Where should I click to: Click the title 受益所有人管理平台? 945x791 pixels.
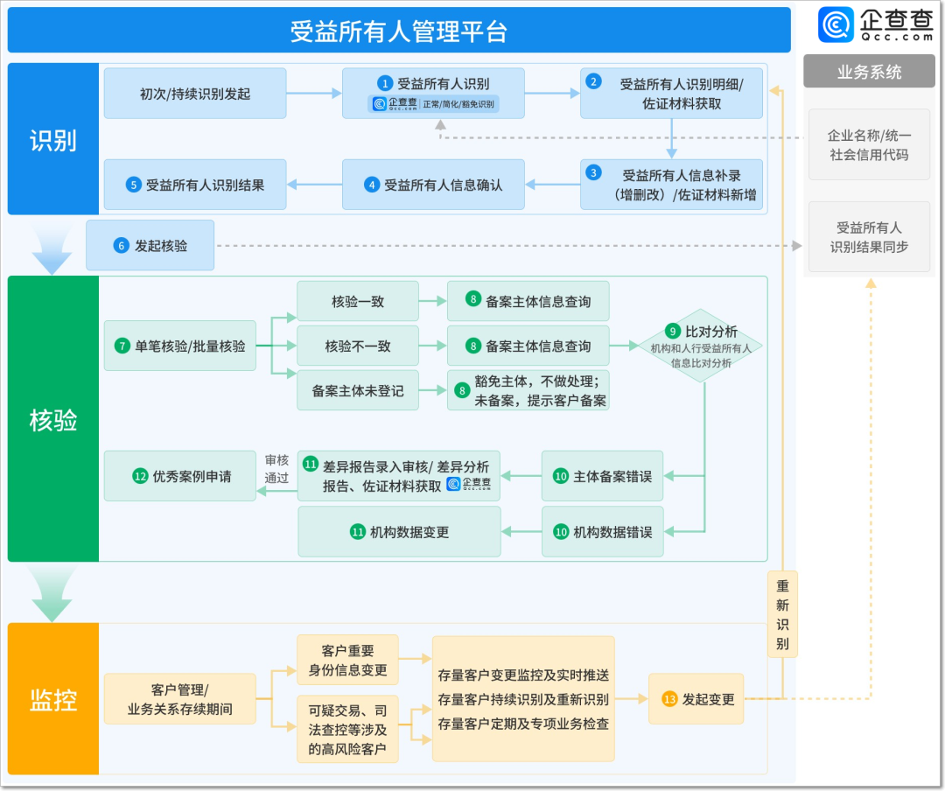coord(399,31)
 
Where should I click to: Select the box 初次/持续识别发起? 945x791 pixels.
coord(195,94)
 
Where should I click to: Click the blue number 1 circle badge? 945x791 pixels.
coord(385,84)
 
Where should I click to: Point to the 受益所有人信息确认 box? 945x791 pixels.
coord(433,185)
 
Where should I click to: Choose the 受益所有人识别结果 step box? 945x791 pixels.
coord(195,185)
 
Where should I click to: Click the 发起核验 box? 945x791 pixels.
coord(150,246)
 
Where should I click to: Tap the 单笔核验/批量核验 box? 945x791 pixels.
coord(180,346)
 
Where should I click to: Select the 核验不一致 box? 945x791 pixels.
coord(358,346)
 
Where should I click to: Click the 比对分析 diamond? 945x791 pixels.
coord(700,346)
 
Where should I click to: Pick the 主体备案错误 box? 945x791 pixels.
coord(603,477)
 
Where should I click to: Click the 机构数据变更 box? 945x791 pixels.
coord(399,532)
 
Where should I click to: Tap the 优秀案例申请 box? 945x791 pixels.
coord(180,477)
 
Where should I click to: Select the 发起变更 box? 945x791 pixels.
coord(696,699)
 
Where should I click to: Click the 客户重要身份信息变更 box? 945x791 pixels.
coord(347,661)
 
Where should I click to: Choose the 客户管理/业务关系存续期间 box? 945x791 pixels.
coord(180,699)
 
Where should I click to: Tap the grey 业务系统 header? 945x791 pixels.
coord(869,73)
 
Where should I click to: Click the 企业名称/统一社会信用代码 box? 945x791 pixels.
coord(869,145)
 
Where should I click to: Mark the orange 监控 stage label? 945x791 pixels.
coord(53,699)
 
